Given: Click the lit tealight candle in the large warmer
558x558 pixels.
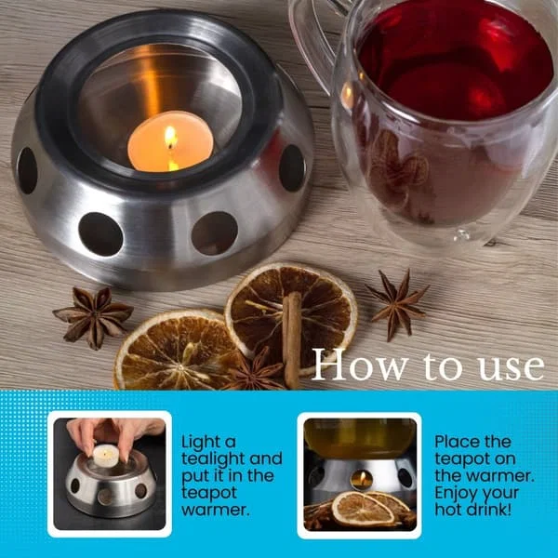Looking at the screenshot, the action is (x=170, y=141).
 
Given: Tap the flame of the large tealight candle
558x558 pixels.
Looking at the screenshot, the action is (x=171, y=137).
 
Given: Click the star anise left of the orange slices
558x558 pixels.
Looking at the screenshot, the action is (x=93, y=316).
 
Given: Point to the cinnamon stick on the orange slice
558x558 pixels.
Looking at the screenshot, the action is (x=292, y=339).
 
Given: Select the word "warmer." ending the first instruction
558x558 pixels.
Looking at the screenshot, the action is (x=216, y=510).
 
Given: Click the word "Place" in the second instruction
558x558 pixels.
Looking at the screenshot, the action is (x=458, y=442).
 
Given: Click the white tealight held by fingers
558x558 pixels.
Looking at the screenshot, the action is (x=105, y=456).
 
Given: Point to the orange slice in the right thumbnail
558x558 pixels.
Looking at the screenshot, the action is (x=363, y=509).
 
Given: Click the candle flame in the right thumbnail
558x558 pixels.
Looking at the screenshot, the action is (x=363, y=477).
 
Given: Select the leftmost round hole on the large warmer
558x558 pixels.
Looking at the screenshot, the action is (x=27, y=170).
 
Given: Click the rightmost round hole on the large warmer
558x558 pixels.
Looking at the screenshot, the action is (x=292, y=168).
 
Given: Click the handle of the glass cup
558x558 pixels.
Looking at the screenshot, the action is (x=312, y=43).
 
